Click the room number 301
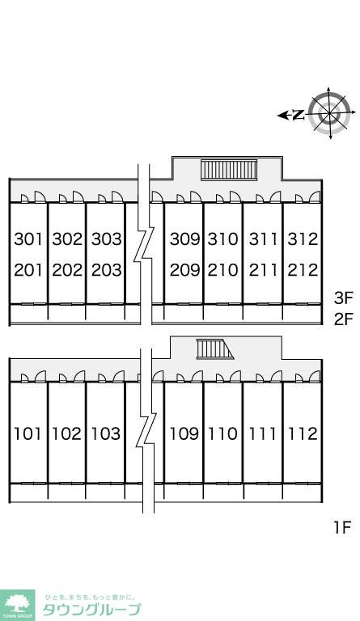coord(28,239)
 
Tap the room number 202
coord(67,270)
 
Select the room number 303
coord(107,239)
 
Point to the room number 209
coord(185,270)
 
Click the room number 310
coord(224,239)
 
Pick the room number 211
coord(264,270)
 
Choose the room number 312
coord(303,239)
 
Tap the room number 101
coord(28,433)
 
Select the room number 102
coord(67,433)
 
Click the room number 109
coord(185,433)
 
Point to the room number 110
coord(224,433)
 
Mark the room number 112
coord(303,433)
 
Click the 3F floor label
coord(343,298)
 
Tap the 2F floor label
coord(343,319)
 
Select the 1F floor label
coord(342,527)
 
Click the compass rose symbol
coord(329,113)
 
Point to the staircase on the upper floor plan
coord(229,170)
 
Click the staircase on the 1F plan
coord(214,349)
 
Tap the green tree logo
coord(18,606)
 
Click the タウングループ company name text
coord(91,610)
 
